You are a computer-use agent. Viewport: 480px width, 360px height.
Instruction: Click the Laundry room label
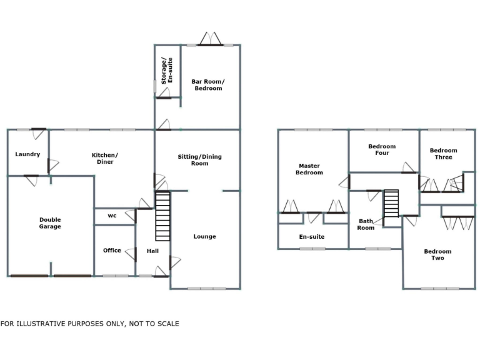click(27, 154)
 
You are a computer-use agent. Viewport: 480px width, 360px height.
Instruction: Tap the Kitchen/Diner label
click(104, 159)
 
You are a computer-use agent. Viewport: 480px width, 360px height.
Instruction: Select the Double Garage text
click(50, 223)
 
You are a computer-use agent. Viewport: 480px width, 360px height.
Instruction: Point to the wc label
click(112, 216)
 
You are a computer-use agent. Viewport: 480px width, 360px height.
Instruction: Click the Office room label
click(112, 251)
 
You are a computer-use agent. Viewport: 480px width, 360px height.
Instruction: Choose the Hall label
click(152, 251)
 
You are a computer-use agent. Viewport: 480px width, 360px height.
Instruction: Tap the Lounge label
click(204, 236)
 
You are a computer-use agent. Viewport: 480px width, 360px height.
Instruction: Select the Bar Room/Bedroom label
click(208, 85)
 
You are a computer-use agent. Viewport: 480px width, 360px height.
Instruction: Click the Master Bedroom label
click(309, 169)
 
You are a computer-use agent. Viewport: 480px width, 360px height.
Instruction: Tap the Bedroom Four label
click(382, 149)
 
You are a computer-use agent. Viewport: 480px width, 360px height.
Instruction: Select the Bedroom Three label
click(443, 154)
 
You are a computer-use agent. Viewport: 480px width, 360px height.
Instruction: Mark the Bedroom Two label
click(437, 254)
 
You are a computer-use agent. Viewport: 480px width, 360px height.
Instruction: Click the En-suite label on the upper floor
click(312, 237)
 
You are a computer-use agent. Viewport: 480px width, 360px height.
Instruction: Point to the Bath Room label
click(366, 224)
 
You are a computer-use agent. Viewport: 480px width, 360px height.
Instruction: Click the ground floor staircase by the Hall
click(162, 216)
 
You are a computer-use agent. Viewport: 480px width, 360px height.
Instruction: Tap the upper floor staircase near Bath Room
click(391, 203)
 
